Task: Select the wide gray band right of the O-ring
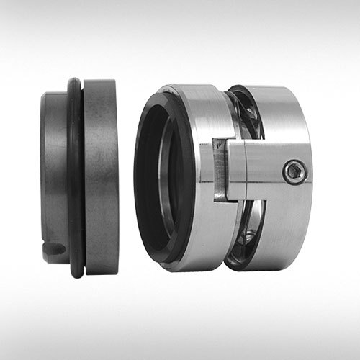[x=101, y=176]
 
